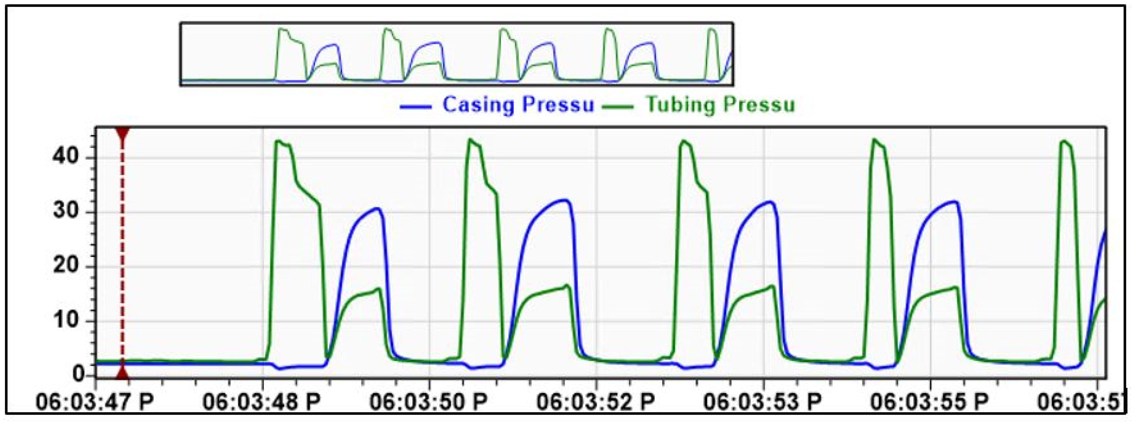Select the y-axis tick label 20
point(66,266)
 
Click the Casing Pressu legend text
point(518,105)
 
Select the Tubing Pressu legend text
point(720,105)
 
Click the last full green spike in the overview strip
point(712,30)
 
